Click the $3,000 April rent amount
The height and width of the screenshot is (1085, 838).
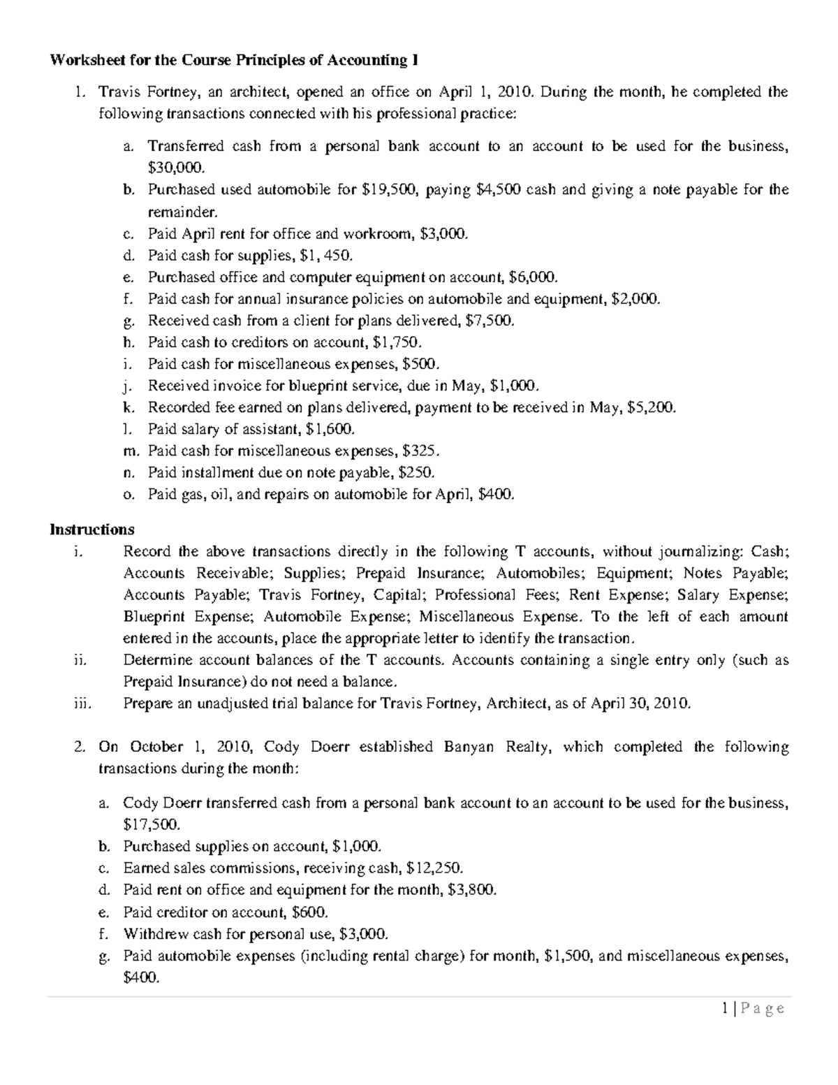[445, 234]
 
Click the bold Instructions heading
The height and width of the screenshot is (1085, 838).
[91, 529]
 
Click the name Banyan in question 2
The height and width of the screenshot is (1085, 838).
[469, 747]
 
